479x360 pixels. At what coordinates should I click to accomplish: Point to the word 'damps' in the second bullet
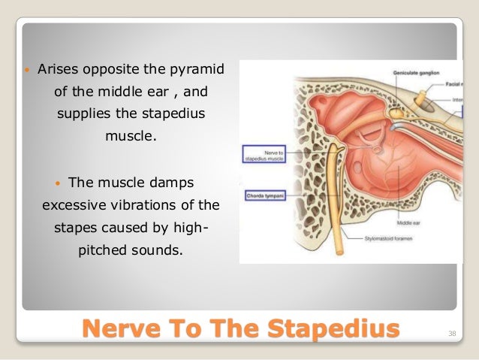[180, 183]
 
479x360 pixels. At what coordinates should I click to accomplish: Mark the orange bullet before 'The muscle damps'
[59, 183]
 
